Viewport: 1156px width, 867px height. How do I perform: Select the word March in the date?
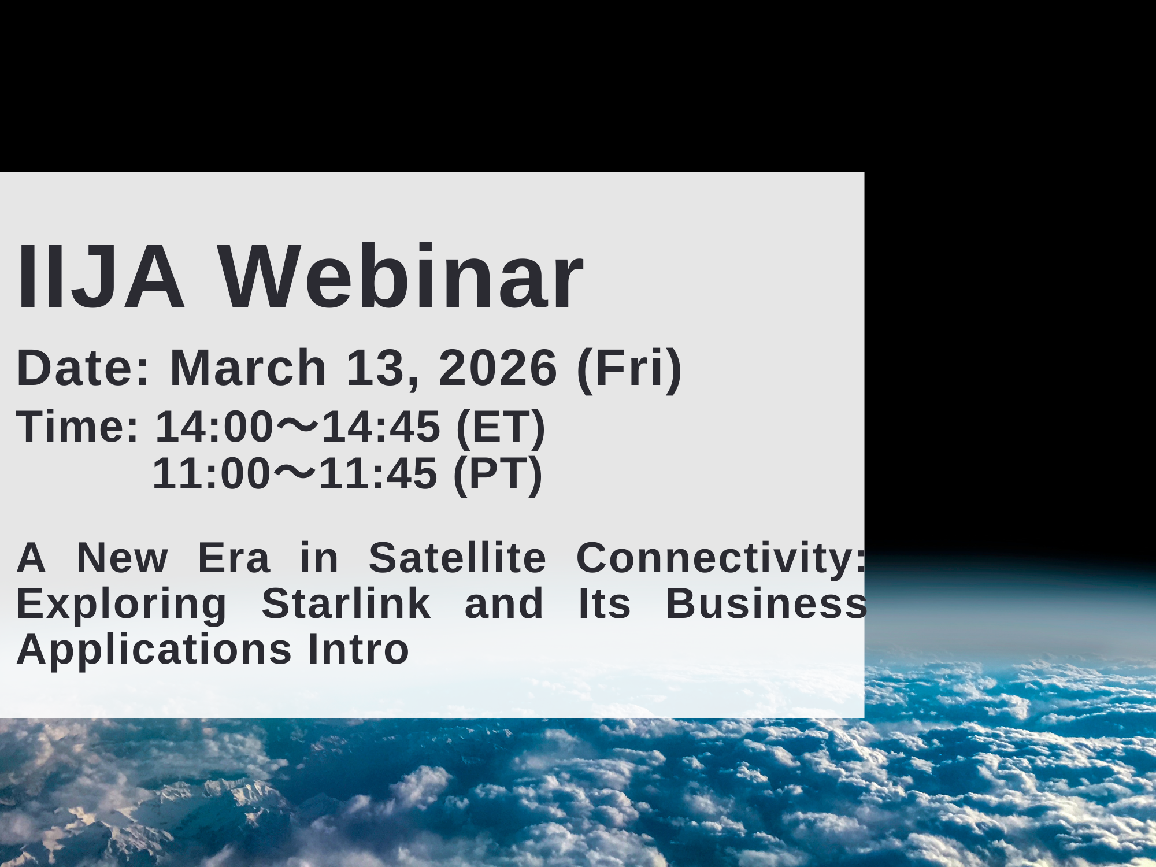249,368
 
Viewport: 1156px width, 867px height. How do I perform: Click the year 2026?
498,368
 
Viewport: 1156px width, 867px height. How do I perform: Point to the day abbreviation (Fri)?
629,368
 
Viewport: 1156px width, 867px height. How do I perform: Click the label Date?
83,368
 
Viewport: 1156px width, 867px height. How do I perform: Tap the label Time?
77,427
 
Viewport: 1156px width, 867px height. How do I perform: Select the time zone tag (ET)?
501,427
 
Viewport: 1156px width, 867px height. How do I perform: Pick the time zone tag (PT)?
498,474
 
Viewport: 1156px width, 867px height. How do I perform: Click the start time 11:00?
212,474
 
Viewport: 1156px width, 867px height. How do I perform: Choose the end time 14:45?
380,427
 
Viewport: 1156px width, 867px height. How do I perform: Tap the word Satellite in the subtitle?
457,558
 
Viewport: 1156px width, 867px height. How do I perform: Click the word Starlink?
346,604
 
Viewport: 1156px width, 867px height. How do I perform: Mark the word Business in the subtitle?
766,604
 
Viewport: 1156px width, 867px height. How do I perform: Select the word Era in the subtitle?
234,558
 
